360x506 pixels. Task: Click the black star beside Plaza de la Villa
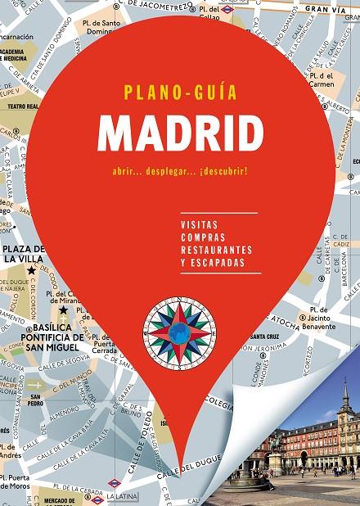tap(32, 269)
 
